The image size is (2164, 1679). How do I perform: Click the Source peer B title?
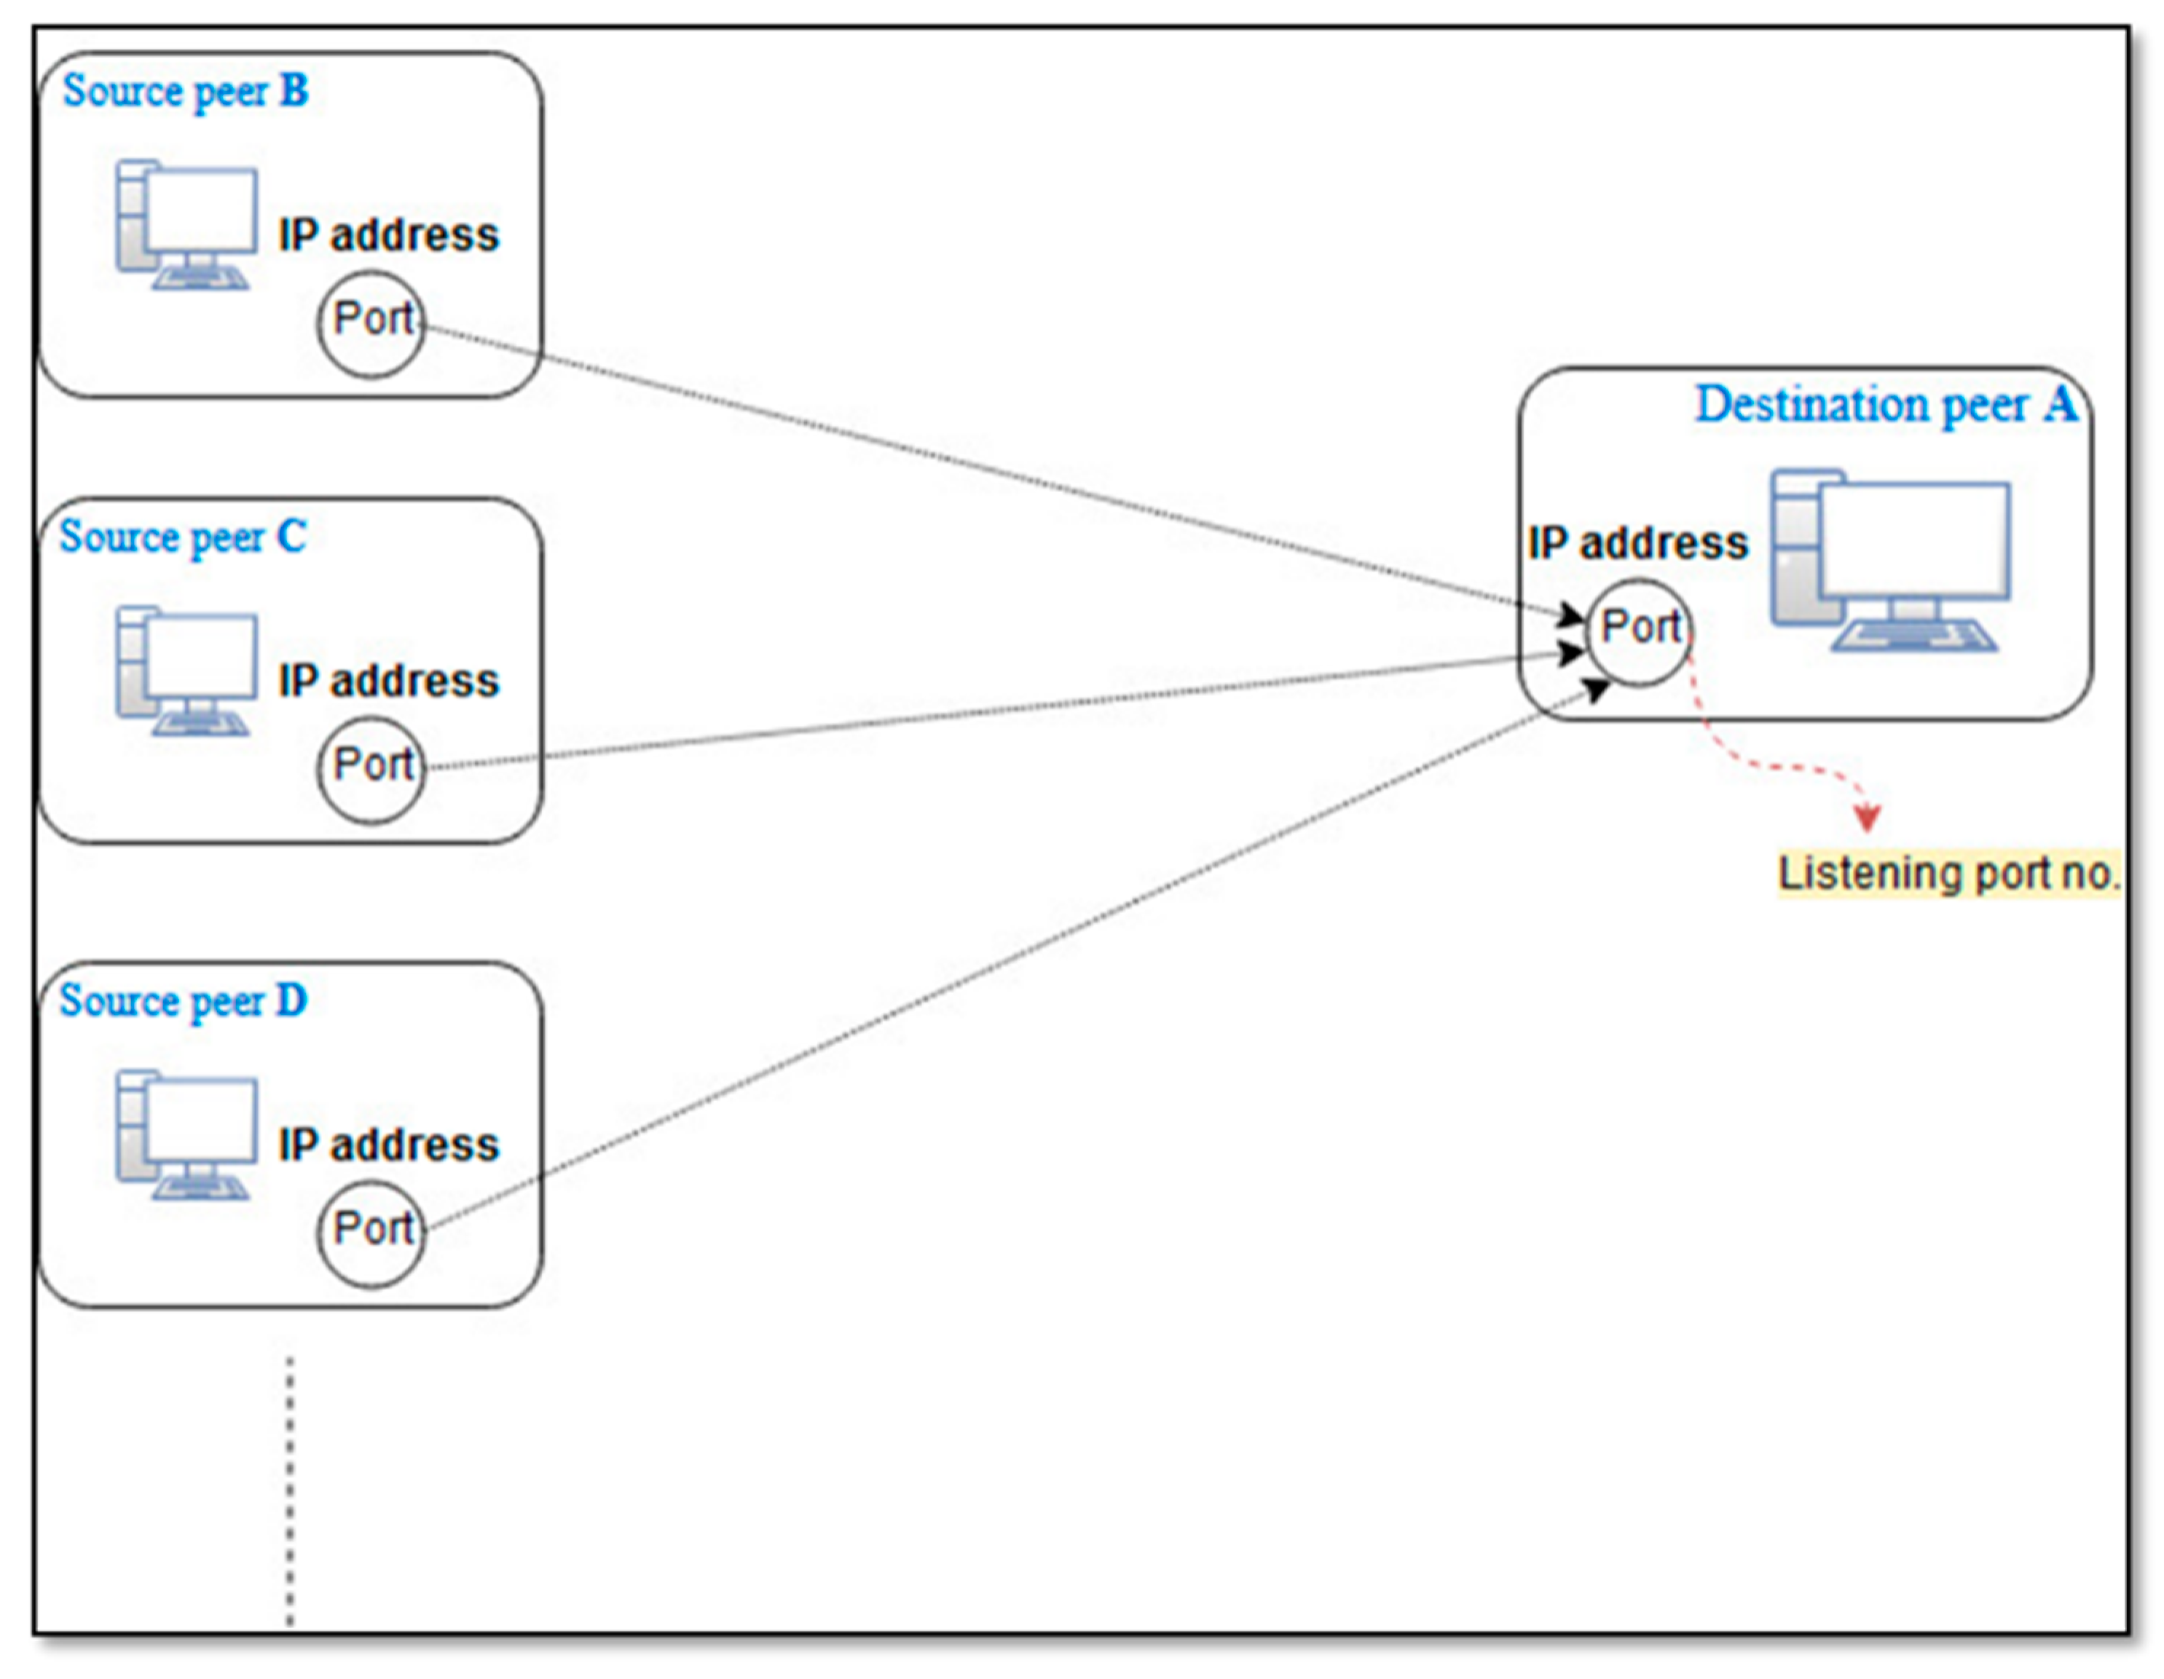[x=185, y=91]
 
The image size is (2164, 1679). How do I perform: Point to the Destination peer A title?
[x=1886, y=404]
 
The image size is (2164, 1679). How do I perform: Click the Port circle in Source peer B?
[x=371, y=324]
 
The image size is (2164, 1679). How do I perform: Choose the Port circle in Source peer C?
[x=371, y=770]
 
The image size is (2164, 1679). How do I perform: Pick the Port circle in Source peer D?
[x=371, y=1233]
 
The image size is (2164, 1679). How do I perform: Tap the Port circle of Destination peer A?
[x=1640, y=632]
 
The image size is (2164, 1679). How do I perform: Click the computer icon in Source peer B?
[x=186, y=225]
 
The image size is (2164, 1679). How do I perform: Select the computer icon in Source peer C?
[x=186, y=671]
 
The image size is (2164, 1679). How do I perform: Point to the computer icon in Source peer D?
[x=186, y=1134]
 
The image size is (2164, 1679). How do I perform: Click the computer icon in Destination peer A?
[x=1891, y=560]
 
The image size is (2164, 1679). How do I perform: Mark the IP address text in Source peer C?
[x=388, y=682]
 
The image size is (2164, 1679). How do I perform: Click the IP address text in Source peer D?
[x=388, y=1145]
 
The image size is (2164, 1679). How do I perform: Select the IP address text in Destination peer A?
[x=1638, y=544]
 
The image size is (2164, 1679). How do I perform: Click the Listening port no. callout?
[x=1948, y=874]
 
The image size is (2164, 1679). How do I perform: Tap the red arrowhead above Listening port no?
[x=1867, y=817]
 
